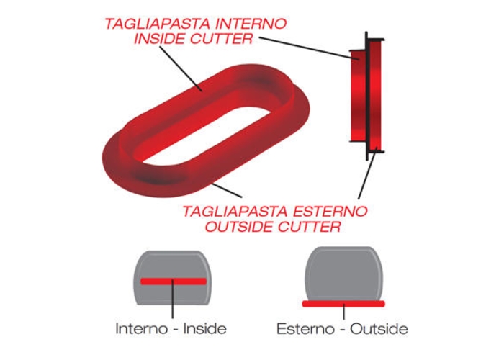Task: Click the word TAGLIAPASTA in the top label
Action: coord(157,24)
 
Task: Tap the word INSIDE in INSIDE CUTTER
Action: coord(159,39)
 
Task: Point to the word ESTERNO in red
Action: coord(330,212)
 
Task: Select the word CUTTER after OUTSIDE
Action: coord(309,227)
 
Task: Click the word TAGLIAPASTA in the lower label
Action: coord(235,212)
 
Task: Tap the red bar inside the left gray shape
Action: coord(174,282)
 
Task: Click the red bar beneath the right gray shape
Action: coord(343,304)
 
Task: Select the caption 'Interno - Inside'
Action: coord(171,328)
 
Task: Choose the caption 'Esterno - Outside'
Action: coord(342,328)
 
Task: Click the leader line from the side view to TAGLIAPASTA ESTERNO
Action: coord(367,175)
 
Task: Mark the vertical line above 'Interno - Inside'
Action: coord(173,299)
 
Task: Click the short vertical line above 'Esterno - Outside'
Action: coord(343,312)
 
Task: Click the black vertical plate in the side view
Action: coord(366,96)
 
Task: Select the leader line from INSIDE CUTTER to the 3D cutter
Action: coord(181,69)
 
